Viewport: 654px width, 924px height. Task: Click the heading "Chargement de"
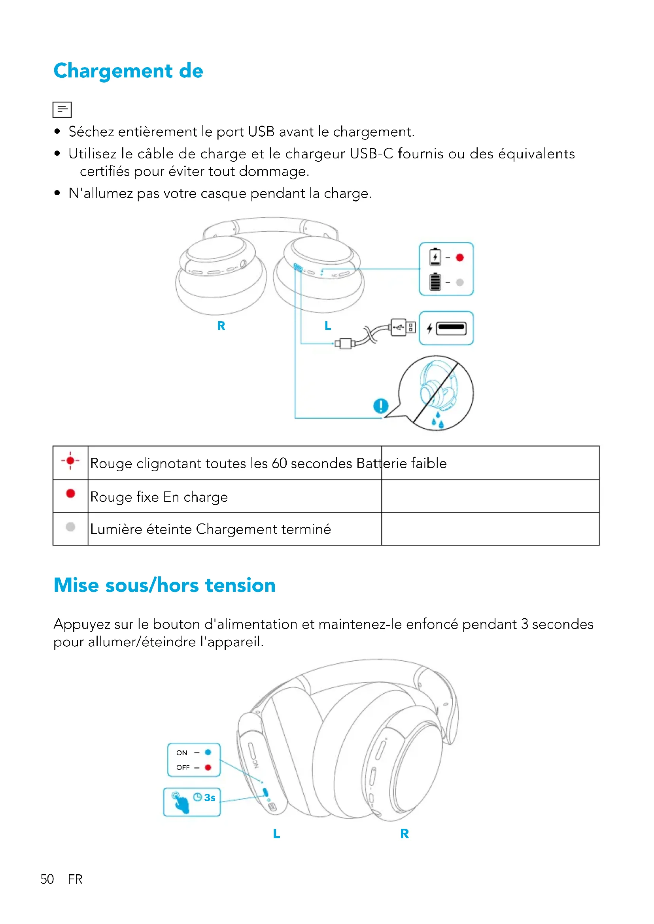(x=128, y=71)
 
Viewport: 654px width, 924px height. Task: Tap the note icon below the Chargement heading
(x=62, y=109)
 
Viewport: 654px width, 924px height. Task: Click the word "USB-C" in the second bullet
(x=371, y=154)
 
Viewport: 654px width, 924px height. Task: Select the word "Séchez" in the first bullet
(x=91, y=132)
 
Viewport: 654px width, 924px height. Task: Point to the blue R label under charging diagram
(x=221, y=326)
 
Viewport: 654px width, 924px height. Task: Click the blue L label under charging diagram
(x=328, y=326)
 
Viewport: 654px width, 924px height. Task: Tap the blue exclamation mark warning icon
(x=380, y=406)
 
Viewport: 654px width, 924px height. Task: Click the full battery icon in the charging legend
(x=435, y=282)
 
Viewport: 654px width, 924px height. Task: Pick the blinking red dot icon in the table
(x=70, y=461)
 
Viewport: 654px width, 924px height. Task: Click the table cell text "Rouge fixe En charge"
(x=159, y=497)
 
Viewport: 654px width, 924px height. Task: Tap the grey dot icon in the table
(x=70, y=527)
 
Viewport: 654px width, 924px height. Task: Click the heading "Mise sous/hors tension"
(x=165, y=585)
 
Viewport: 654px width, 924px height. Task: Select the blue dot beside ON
(x=208, y=752)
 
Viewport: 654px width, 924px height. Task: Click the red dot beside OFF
(x=208, y=768)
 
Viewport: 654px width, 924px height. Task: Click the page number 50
(x=47, y=879)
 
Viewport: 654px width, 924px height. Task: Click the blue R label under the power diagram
(x=404, y=834)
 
